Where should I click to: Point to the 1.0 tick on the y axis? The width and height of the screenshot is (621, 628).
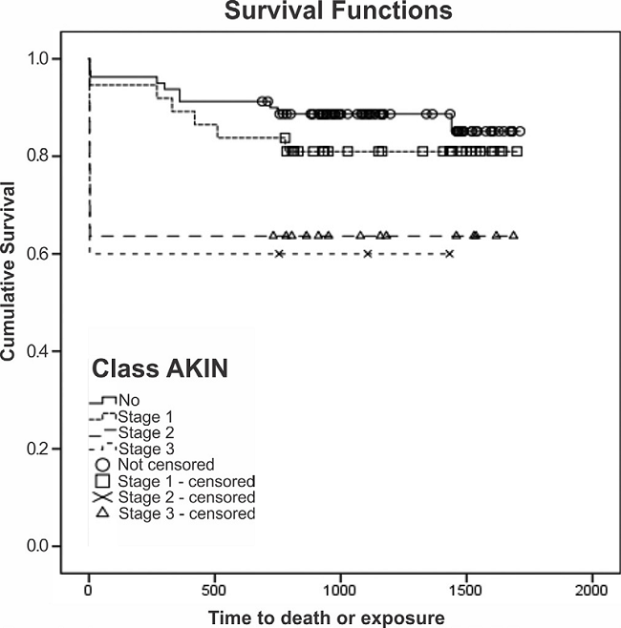[x=36, y=58]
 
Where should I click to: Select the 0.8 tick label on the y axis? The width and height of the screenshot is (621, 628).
[x=36, y=156]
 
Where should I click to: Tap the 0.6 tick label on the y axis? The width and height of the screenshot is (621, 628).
[x=36, y=254]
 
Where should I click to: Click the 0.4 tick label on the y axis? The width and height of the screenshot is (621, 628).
[x=36, y=351]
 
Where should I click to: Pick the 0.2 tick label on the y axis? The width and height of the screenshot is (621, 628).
[x=36, y=449]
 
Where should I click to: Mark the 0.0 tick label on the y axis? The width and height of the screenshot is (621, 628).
[x=36, y=546]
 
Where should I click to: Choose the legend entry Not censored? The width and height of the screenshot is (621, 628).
[x=160, y=465]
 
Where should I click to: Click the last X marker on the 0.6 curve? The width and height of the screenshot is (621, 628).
[x=449, y=254]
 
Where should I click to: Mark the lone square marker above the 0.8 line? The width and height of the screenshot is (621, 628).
[x=286, y=138]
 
